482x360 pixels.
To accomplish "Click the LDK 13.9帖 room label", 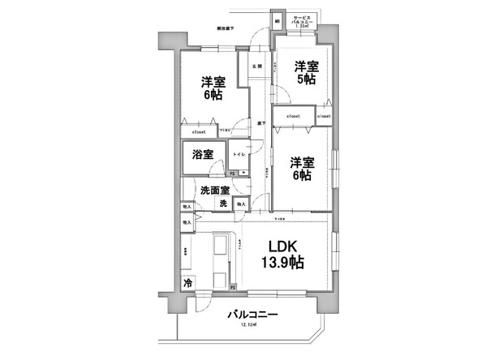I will click(x=282, y=255).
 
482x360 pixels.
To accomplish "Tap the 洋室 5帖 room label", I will click(x=307, y=74).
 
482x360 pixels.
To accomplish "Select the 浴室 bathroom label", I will click(x=203, y=154).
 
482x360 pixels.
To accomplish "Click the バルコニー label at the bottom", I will click(x=253, y=314).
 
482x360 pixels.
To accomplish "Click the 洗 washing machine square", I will click(x=223, y=203).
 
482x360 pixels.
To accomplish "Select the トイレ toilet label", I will click(x=241, y=153).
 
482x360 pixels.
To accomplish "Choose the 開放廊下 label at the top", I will click(x=226, y=29).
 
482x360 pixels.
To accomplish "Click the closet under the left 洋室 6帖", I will click(x=199, y=131).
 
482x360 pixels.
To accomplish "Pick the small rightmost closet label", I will click(x=324, y=117).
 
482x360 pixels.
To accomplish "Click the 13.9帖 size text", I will click(x=282, y=263).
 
